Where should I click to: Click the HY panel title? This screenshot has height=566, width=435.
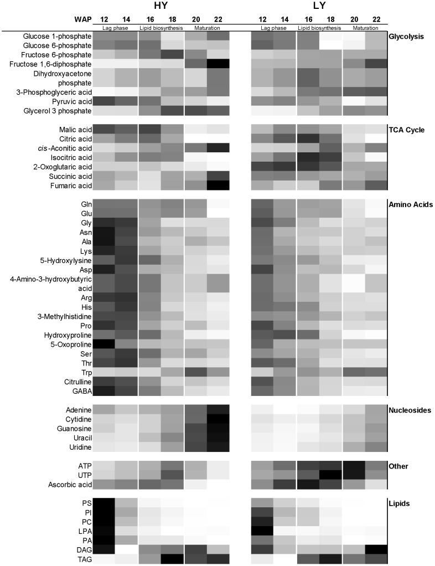pyautogui.click(x=160, y=6)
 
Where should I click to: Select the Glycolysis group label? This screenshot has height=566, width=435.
pyautogui.click(x=406, y=37)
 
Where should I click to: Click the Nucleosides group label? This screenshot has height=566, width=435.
pyautogui.click(x=410, y=410)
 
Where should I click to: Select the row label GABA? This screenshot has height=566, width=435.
pyautogui.click(x=81, y=391)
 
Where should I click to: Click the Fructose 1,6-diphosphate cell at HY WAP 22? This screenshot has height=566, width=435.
pyautogui.click(x=217, y=64)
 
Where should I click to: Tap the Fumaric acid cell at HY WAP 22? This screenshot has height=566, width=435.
pyautogui.click(x=217, y=185)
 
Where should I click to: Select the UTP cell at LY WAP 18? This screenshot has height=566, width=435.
pyautogui.click(x=330, y=475)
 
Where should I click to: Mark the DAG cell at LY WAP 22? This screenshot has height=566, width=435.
pyautogui.click(x=376, y=550)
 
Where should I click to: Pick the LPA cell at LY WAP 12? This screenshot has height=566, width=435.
pyautogui.click(x=262, y=531)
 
